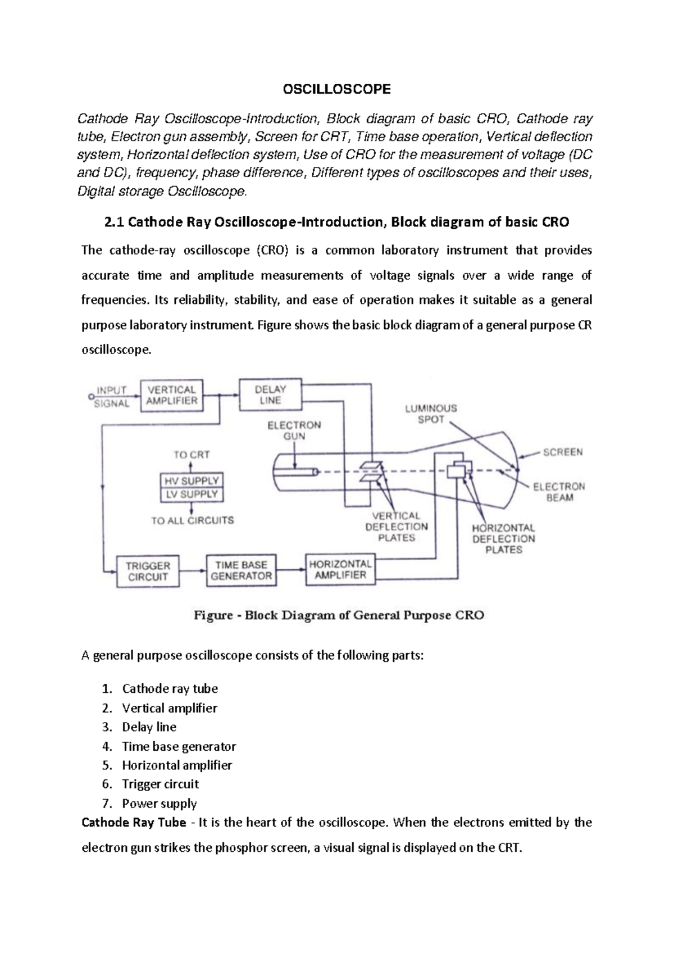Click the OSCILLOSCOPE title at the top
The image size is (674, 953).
pos(336,89)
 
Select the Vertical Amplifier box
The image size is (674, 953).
pos(171,395)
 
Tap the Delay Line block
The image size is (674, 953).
pos(270,394)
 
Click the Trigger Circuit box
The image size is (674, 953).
pos(148,571)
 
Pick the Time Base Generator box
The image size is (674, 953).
pos(241,570)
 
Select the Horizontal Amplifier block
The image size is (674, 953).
pos(340,569)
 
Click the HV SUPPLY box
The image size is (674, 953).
pos(192,481)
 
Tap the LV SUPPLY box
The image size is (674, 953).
pos(192,494)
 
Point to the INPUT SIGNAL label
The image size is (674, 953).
pos(112,396)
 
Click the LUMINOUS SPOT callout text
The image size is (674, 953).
pos(431,414)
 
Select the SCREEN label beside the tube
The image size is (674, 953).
pos(562,452)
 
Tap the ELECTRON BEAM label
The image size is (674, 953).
pos(559,492)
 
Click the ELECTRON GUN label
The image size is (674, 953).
pos(294,430)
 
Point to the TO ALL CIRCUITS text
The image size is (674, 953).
pos(192,520)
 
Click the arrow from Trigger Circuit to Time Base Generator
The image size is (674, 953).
pos(193,571)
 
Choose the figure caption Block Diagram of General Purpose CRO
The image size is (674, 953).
pos(339,615)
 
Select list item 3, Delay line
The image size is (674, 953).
pos(149,727)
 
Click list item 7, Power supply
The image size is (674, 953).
pos(159,804)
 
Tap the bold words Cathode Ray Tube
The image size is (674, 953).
pos(134,823)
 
